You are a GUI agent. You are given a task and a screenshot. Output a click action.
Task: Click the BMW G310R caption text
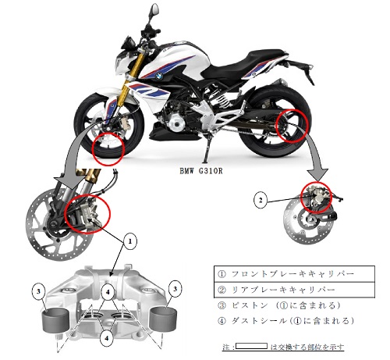coord(201,171)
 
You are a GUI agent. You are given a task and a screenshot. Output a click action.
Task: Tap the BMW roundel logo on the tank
coord(159,77)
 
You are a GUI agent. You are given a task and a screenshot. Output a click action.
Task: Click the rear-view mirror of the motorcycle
coord(154,9)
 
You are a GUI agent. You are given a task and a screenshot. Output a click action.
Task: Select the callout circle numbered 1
coord(130,242)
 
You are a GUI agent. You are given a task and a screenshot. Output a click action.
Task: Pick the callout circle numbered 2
coord(261,200)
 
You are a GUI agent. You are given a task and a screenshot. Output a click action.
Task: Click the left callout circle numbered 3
coord(38,290)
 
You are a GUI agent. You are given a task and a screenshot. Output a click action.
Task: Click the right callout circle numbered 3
coord(175,289)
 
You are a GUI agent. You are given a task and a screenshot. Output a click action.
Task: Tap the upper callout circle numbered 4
coord(108,292)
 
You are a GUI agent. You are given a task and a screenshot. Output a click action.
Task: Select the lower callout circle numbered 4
coord(107,339)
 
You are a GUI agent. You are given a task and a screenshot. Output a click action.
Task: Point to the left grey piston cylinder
coord(55,320)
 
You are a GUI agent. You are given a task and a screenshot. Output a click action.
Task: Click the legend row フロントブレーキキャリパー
coord(294,274)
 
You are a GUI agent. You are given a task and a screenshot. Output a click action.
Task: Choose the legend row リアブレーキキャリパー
coord(294,290)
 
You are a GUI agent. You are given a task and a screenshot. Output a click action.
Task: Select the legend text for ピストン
coord(278,305)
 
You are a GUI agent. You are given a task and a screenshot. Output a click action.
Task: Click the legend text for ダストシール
coord(286,321)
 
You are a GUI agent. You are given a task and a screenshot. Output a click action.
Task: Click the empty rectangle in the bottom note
coord(251,346)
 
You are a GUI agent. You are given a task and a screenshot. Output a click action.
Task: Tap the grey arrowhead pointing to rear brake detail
coord(317,175)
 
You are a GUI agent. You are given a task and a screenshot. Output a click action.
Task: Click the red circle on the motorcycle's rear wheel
coord(292,126)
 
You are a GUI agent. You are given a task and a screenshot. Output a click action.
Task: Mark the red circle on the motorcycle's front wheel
coord(109,148)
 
